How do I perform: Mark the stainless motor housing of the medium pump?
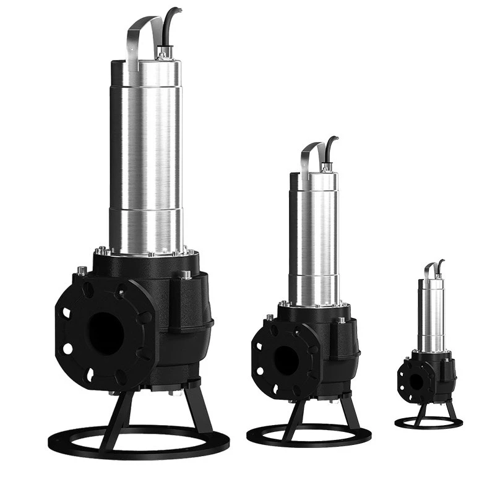point(314,241)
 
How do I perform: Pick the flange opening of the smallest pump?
point(416,382)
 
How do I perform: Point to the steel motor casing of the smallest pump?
point(431,316)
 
